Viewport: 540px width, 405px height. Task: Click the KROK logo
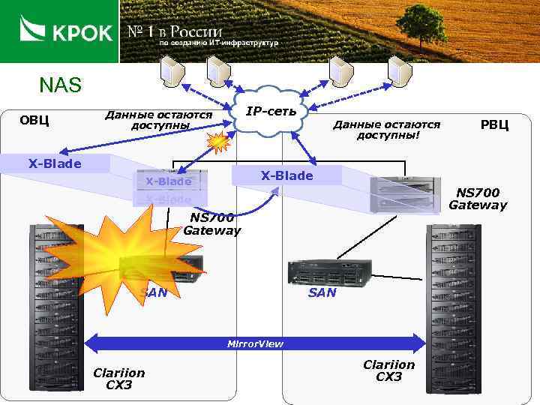65,31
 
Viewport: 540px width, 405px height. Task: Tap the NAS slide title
60,85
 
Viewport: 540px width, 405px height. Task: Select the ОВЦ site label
34,120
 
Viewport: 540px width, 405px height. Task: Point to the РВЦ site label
494,124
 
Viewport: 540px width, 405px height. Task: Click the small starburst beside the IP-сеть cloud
218,141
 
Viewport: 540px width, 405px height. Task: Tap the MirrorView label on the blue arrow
256,343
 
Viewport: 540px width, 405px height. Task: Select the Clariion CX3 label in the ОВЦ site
118,379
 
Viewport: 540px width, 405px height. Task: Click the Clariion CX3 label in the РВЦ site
388,370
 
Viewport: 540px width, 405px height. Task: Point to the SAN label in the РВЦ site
322,292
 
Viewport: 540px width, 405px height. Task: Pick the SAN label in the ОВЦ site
154,292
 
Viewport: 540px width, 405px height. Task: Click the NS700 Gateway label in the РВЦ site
477,199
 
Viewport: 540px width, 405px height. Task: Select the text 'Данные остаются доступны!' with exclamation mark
387,130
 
